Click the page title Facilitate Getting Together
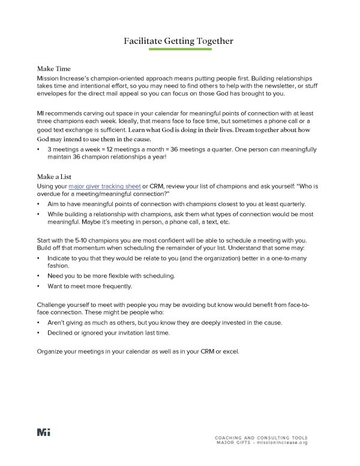pos(179,41)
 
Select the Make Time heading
pos(55,69)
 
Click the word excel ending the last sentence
pos(230,351)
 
